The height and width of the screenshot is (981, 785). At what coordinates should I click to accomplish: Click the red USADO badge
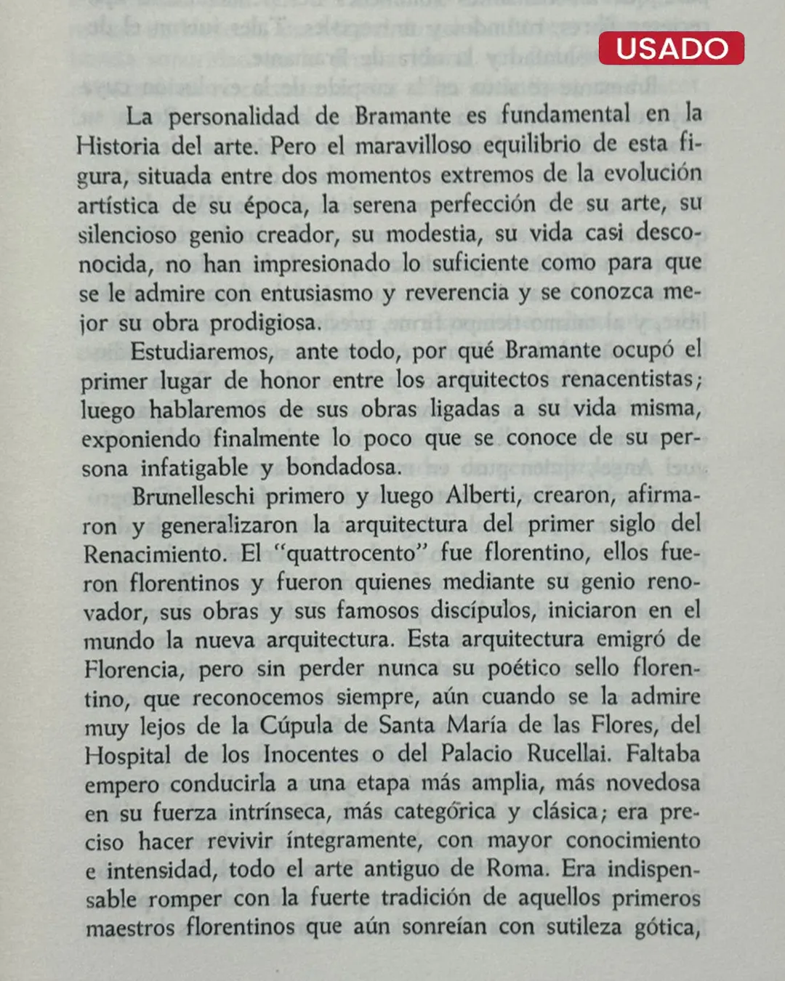tap(671, 49)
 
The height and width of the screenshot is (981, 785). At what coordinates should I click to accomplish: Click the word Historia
tap(118, 146)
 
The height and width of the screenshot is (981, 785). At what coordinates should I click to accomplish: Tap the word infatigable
tap(194, 467)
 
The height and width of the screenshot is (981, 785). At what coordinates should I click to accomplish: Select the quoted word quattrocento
tap(353, 554)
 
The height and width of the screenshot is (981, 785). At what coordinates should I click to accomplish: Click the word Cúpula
tap(296, 726)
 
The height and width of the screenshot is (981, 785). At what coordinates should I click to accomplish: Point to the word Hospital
tap(127, 755)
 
